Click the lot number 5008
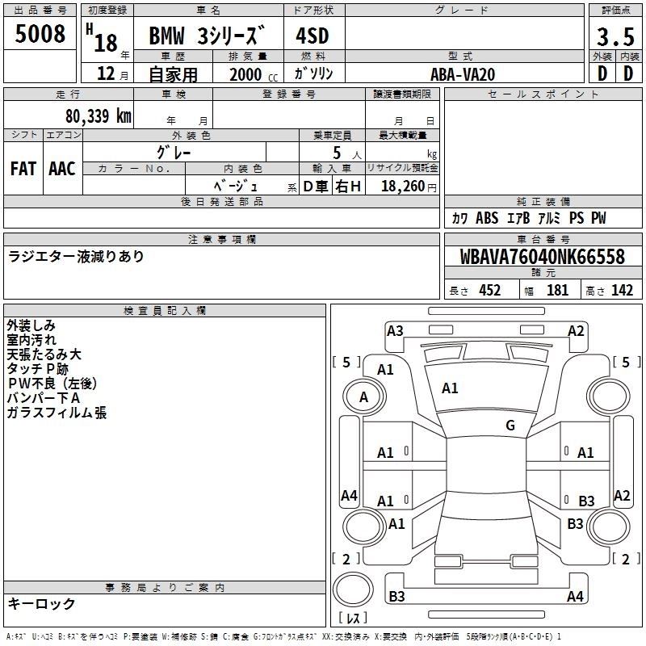(40, 34)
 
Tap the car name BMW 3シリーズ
(207, 37)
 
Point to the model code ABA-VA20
(463, 74)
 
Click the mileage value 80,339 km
(98, 115)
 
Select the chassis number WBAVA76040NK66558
(542, 257)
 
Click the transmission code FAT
(23, 169)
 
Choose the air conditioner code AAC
(62, 169)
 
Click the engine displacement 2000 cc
(250, 74)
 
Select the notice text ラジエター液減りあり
(76, 257)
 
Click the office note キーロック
(41, 604)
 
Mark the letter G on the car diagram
(510, 426)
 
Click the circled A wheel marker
(363, 396)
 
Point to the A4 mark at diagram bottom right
(575, 597)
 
